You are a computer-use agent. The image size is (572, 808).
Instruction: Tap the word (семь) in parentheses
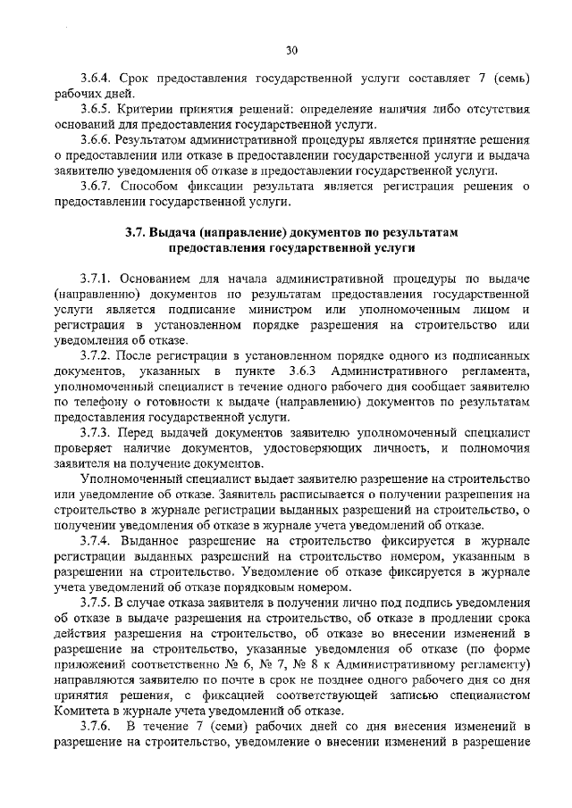tap(515, 79)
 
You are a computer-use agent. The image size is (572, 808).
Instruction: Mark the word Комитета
tap(80, 710)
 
